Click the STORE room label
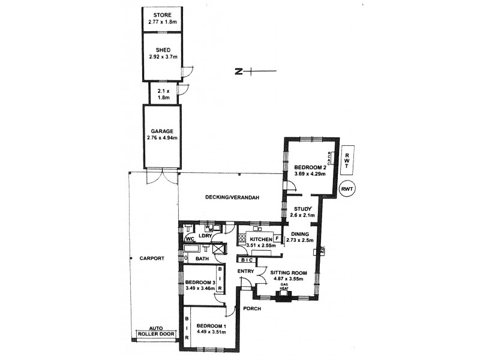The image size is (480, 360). point(161,14)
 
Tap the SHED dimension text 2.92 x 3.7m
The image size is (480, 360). point(161,58)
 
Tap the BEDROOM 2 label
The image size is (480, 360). point(310,167)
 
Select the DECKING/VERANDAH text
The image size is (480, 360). point(232,199)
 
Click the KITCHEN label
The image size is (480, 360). point(262,238)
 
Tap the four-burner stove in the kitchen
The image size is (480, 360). point(243,238)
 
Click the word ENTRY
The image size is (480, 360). point(245,272)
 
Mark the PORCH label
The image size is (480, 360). point(251,309)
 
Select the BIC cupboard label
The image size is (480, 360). point(245,260)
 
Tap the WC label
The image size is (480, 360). point(189,239)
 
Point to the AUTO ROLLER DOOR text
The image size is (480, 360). point(154,331)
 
